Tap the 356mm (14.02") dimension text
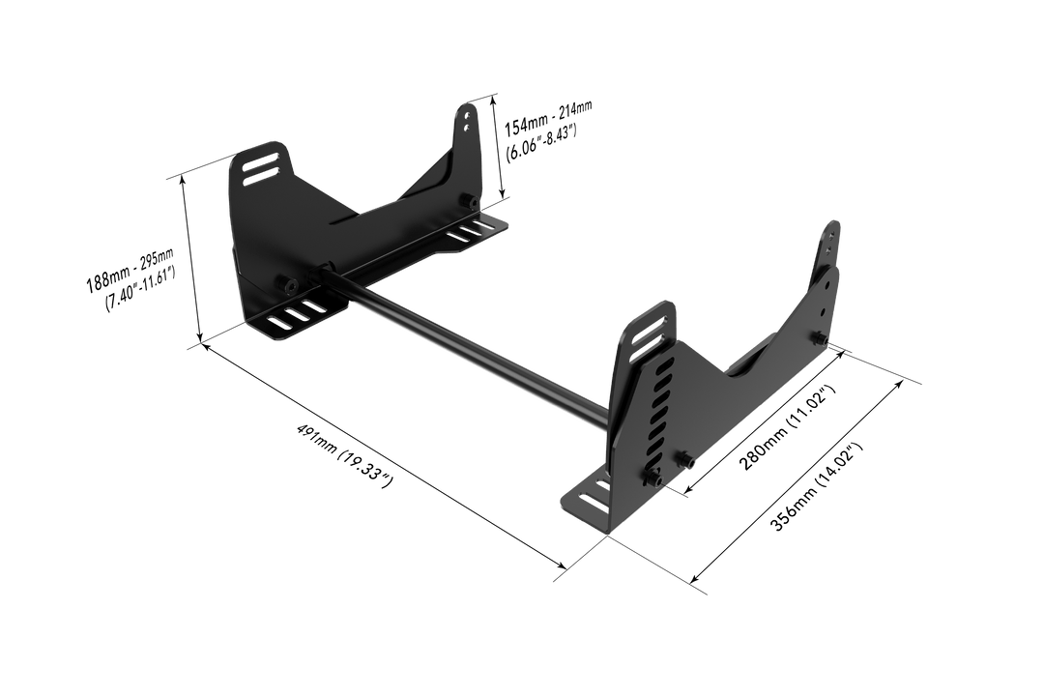[x=815, y=488]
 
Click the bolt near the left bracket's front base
[x=287, y=284]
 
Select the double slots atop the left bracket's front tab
[x=257, y=167]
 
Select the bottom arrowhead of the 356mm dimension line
[x=695, y=583]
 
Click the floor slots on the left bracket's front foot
[x=298, y=314]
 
